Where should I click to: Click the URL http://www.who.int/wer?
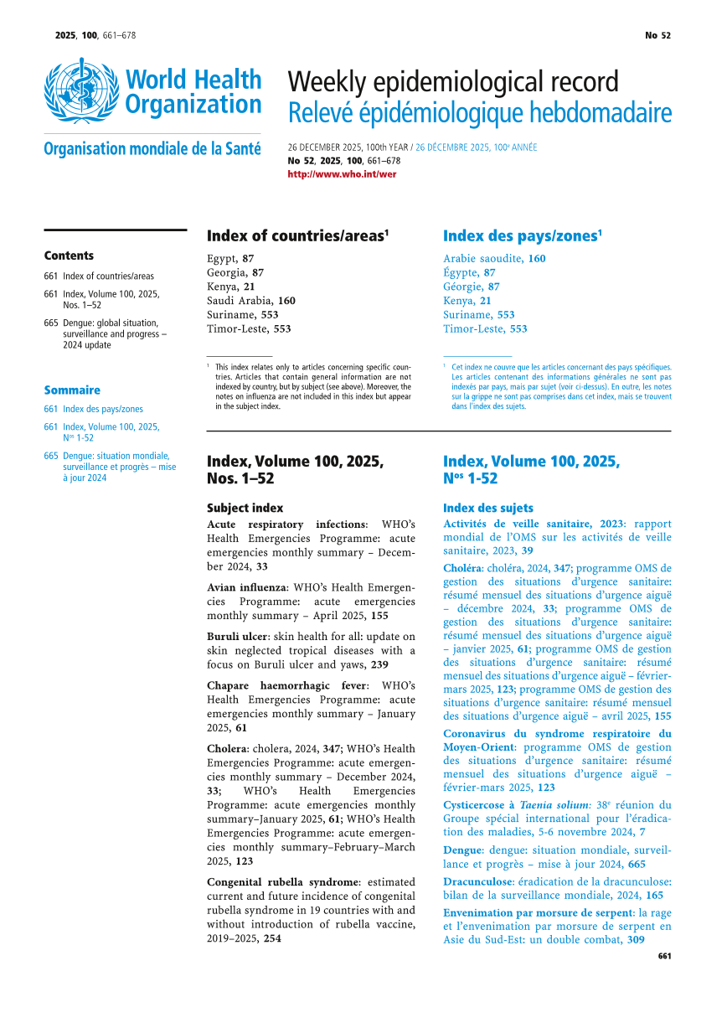coord(342,174)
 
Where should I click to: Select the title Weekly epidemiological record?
coord(453,82)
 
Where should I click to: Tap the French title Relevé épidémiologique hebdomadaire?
coord(479,112)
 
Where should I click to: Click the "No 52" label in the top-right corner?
coord(657,35)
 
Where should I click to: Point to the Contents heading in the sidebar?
coord(69,256)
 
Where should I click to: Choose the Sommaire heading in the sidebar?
coord(72,390)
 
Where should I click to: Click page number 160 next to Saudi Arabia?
coord(286,300)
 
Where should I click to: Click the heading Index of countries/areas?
coord(297,235)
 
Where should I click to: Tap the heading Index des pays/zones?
coord(523,235)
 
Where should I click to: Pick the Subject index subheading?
coord(245,508)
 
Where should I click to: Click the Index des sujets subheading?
coord(487,508)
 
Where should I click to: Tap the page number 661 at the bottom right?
coord(664,956)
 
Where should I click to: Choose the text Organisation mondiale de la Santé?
coord(152,149)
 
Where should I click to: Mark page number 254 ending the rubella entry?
coord(271,938)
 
